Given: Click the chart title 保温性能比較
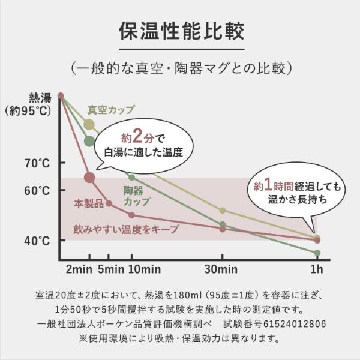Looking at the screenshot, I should (180, 29).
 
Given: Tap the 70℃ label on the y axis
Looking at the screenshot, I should (37, 163).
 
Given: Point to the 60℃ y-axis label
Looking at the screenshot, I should (37, 190).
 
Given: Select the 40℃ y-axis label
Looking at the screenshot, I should (37, 241).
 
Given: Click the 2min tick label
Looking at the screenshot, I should (78, 268).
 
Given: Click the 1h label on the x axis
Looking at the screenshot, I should (316, 268).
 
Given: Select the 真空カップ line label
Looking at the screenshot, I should (111, 110).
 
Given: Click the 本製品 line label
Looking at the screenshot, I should (88, 204).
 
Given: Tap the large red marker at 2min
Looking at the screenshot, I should (89, 177).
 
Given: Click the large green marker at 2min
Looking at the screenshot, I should (89, 142).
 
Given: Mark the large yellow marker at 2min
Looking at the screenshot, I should (89, 125).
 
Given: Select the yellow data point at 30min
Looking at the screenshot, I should (222, 211).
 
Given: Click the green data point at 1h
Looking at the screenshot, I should (317, 253).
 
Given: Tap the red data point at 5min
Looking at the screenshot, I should (109, 203).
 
